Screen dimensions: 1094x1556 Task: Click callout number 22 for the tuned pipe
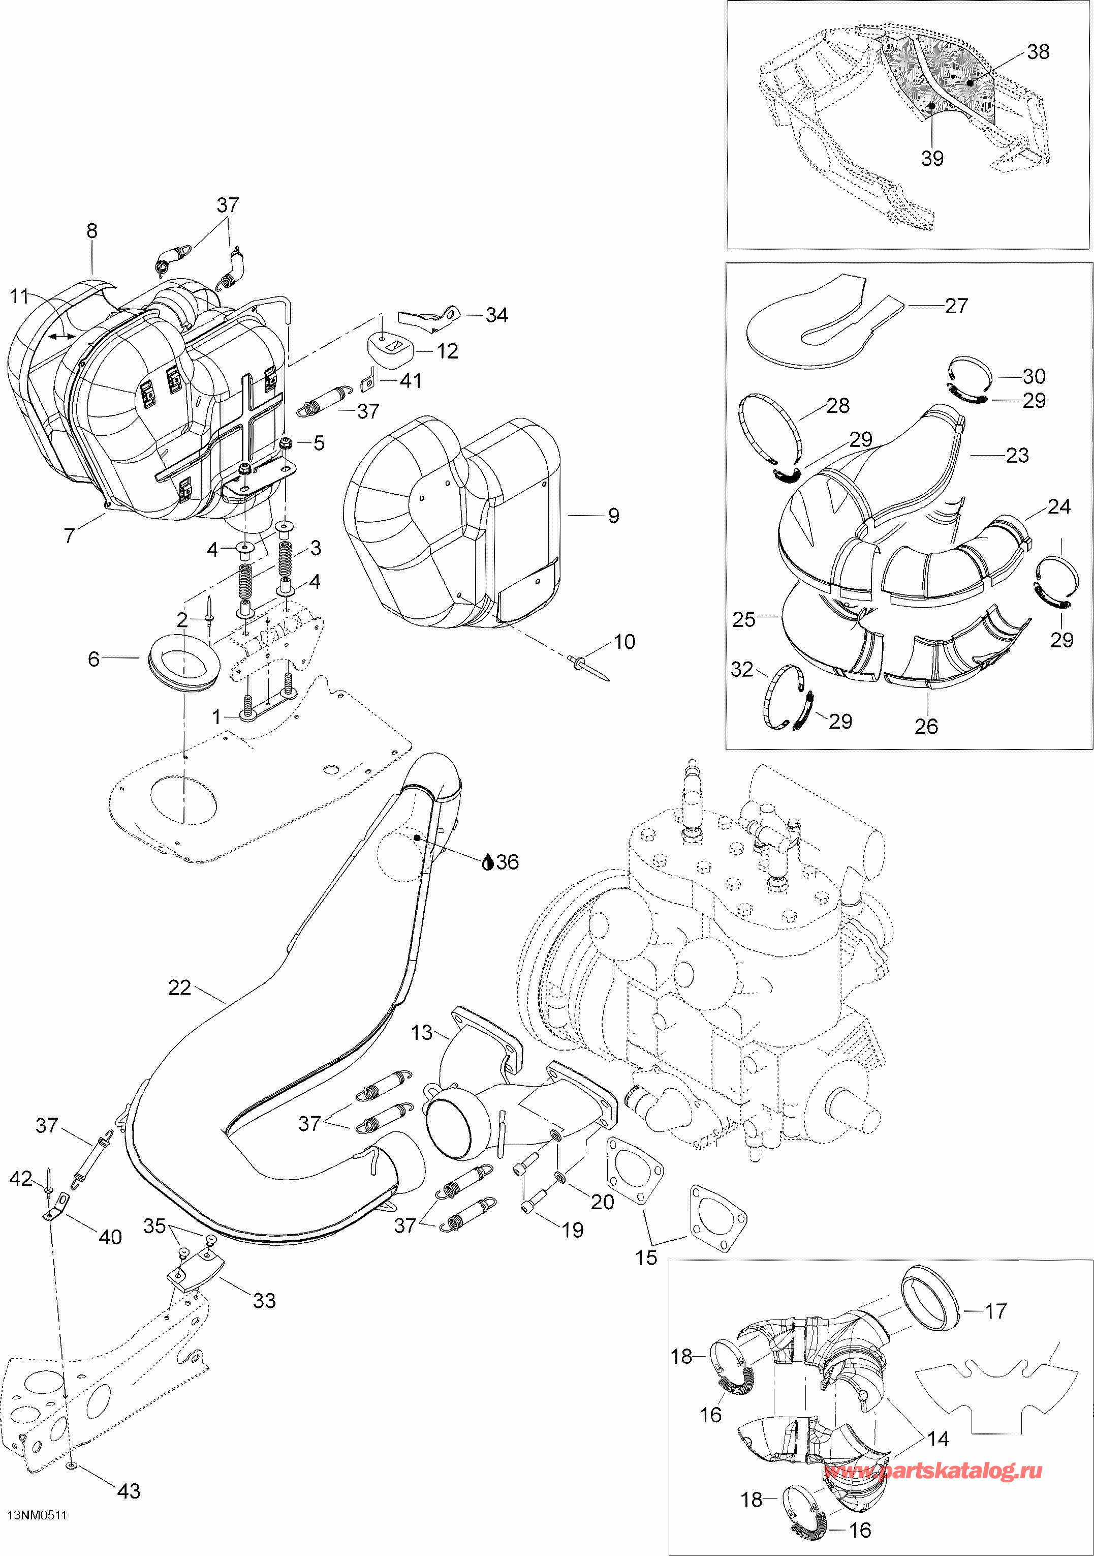[x=179, y=988]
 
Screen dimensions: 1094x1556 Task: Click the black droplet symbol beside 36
[x=488, y=863]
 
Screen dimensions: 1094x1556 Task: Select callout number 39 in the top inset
[x=932, y=158]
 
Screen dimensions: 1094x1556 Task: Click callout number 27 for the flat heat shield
[x=956, y=306]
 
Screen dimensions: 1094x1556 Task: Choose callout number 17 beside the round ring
[x=995, y=1311]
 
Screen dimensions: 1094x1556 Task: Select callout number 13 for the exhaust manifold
[x=421, y=1033]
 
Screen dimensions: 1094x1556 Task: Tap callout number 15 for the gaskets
[x=646, y=1258]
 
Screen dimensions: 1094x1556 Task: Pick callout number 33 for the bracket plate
[x=264, y=1301]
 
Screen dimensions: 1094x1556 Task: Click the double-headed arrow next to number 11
[x=61, y=336]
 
